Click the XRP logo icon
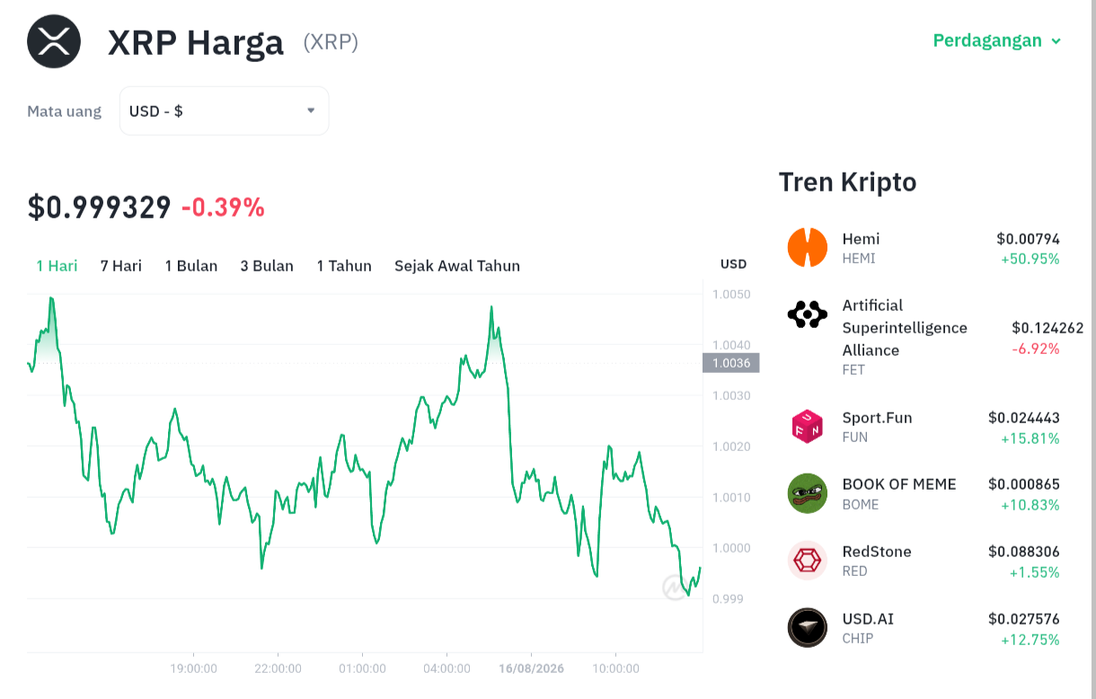[54, 41]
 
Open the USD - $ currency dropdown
[224, 111]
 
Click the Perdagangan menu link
[996, 40]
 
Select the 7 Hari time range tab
[121, 266]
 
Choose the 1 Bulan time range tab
[191, 266]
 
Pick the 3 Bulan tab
[267, 266]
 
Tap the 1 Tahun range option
[344, 266]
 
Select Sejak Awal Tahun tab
[457, 266]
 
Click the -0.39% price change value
[223, 208]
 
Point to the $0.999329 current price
[100, 208]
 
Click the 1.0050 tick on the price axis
[731, 294]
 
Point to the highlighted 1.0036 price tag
[731, 363]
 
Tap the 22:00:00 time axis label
[278, 668]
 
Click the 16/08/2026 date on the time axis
[531, 668]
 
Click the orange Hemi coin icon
[808, 247]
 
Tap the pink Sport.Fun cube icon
[808, 427]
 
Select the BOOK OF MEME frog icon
[808, 493]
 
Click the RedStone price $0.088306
[1023, 552]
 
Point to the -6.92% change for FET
[1035, 349]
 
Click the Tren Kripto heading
[847, 182]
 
